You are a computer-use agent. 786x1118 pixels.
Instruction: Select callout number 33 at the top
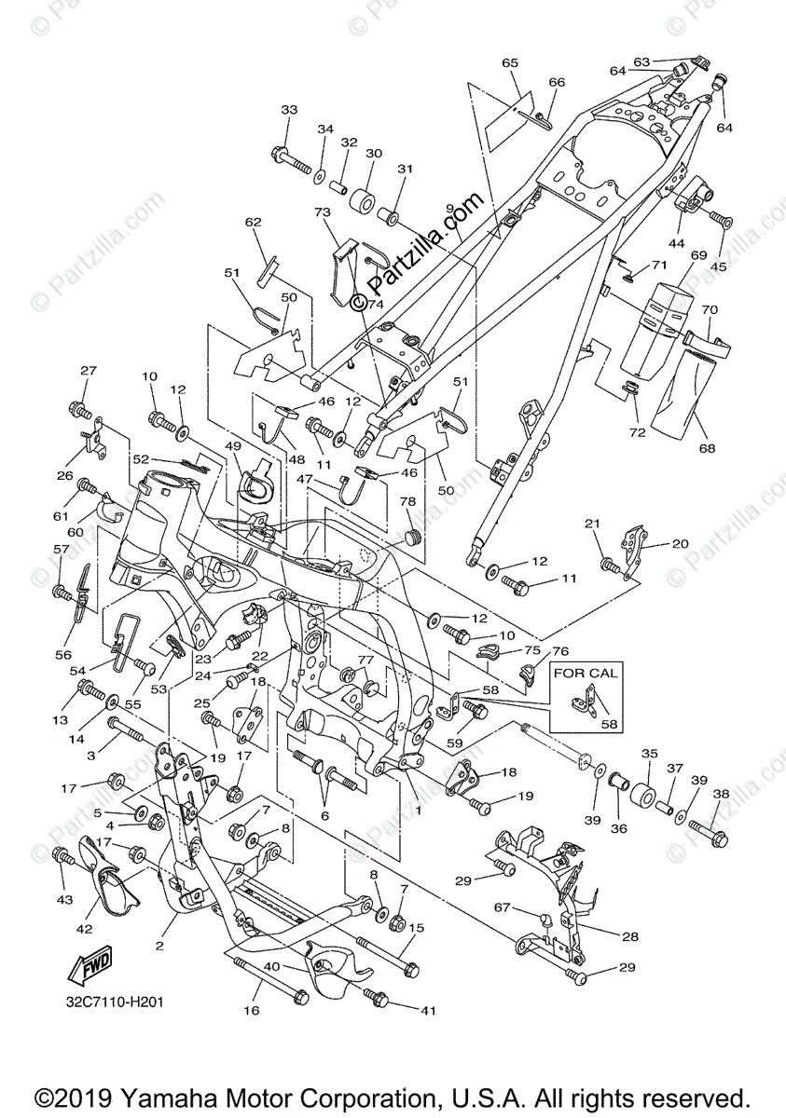tap(289, 110)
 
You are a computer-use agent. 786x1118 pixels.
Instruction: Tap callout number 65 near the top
tap(509, 62)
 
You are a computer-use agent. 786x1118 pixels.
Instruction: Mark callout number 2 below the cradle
tap(159, 946)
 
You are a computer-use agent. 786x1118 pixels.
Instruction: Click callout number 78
tap(407, 502)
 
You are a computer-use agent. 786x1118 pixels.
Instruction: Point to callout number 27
tap(88, 371)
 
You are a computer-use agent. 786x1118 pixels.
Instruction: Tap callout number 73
tap(324, 214)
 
